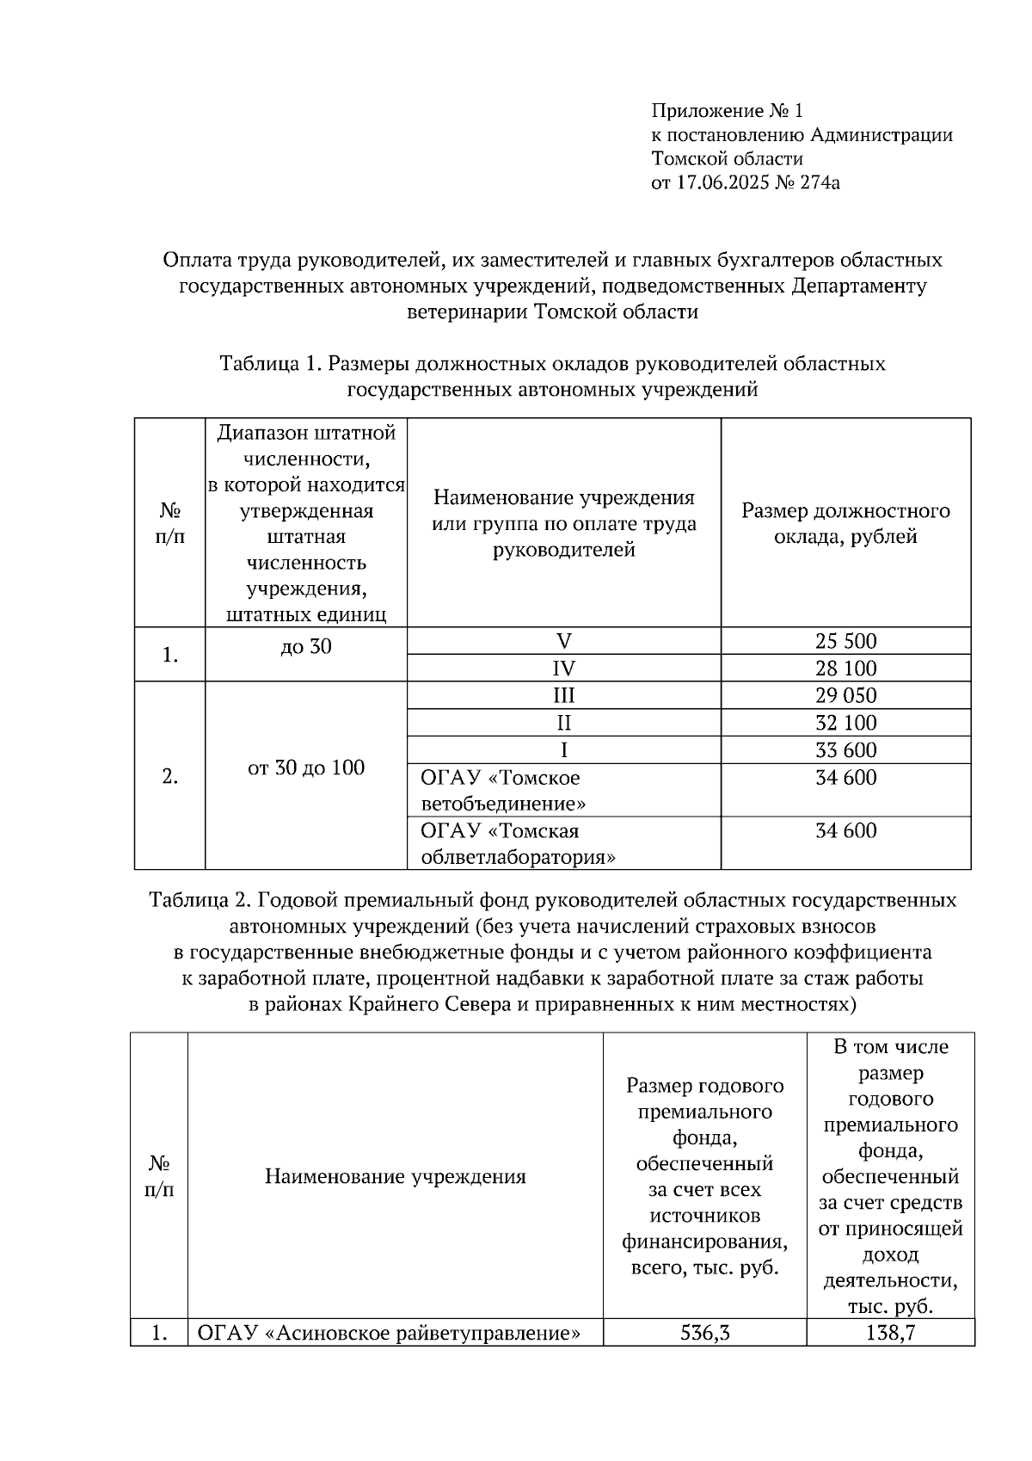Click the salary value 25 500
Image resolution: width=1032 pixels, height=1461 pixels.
pos(845,641)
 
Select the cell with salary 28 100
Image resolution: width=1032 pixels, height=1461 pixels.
pos(845,669)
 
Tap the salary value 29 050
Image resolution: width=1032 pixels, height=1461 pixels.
pos(845,695)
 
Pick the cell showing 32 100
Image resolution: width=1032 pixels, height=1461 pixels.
pos(845,723)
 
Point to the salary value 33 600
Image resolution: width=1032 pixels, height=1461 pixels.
pos(845,750)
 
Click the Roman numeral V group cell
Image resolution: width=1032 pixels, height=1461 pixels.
pos(564,641)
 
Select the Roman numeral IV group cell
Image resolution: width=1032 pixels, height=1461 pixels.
pos(564,669)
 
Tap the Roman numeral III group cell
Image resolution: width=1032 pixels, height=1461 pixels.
pos(564,695)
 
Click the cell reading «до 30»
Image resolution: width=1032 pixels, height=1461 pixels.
pos(306,647)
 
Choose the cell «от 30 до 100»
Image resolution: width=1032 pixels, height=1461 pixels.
pos(306,767)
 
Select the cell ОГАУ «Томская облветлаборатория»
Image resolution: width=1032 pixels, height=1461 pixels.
pos(518,844)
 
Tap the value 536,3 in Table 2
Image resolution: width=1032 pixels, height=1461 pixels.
pos(704,1334)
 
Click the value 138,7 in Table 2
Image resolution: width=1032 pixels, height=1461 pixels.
pos(890,1334)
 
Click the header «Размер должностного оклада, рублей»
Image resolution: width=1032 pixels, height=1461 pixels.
pos(845,523)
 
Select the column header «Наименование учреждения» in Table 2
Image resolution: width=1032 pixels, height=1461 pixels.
pos(395,1176)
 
